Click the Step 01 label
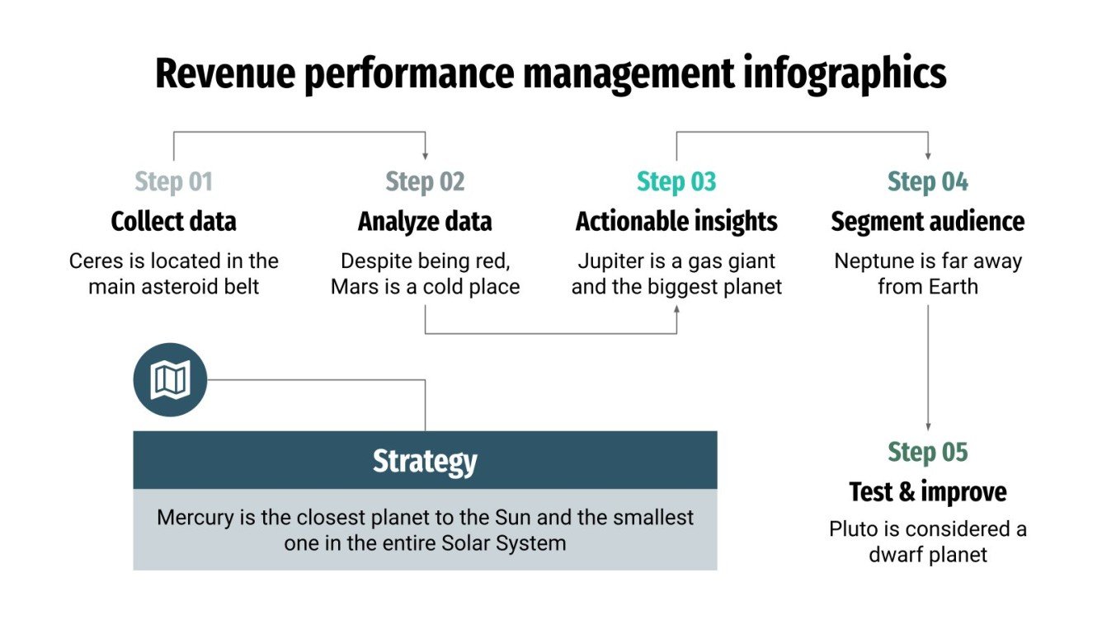point(173,181)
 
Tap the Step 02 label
point(425,181)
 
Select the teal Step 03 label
point(676,181)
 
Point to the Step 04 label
point(928,181)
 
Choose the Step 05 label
point(928,452)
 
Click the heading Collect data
point(173,221)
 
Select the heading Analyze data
point(425,221)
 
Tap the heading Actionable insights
point(676,221)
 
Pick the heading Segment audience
point(928,221)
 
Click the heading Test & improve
point(928,492)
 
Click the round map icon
point(170,380)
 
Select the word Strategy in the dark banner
point(425,460)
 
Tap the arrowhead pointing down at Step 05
point(928,425)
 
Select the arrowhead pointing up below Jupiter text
point(677,309)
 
